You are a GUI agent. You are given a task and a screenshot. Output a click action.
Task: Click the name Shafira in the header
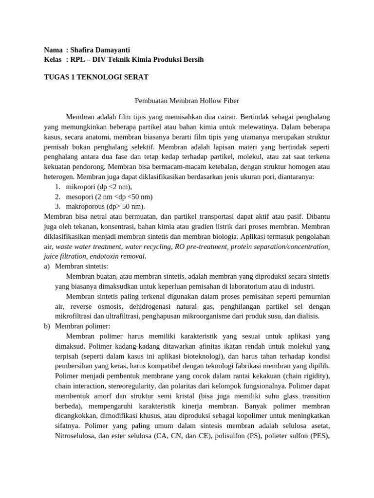point(85,50)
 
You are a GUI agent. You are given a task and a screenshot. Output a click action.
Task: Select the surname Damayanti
point(115,50)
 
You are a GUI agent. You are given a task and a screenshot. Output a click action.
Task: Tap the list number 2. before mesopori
point(57,196)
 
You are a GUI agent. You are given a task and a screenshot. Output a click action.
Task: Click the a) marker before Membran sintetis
point(47,266)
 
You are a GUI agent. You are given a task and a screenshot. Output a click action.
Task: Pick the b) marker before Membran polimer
point(47,326)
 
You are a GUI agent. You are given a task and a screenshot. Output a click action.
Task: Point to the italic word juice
point(52,256)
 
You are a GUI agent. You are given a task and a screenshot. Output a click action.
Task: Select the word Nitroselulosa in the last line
point(76,436)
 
